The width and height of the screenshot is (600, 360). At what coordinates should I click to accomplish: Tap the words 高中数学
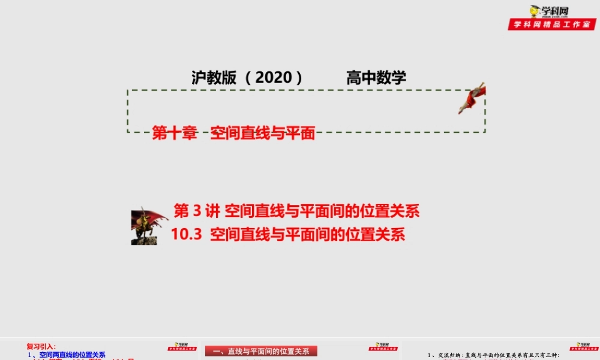pos(376,78)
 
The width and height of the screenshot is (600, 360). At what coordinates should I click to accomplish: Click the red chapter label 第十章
pos(175,133)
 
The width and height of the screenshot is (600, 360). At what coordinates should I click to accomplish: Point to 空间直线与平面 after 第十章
pos(262,133)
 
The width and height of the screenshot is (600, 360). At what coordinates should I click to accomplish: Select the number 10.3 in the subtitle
pos(186,235)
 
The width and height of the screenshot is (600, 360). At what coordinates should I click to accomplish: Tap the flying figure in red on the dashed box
pos(473,98)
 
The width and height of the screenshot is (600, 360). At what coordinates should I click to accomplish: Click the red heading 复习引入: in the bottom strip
pos(41,346)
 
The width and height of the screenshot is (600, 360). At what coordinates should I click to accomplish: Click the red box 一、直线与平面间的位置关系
pos(261,352)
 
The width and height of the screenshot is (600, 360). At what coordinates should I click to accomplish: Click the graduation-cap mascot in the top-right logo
pos(534,11)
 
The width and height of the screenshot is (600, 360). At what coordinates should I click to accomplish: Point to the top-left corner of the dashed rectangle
pos(127,91)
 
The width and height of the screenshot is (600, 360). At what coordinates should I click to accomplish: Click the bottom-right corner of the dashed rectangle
pos(485,132)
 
